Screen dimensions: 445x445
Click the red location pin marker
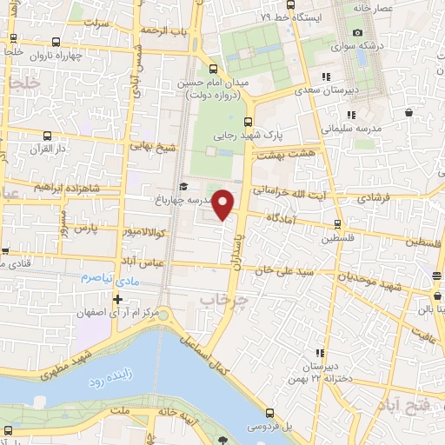pyautogui.click(x=223, y=204)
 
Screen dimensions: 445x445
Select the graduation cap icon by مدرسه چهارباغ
pyautogui.click(x=183, y=186)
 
